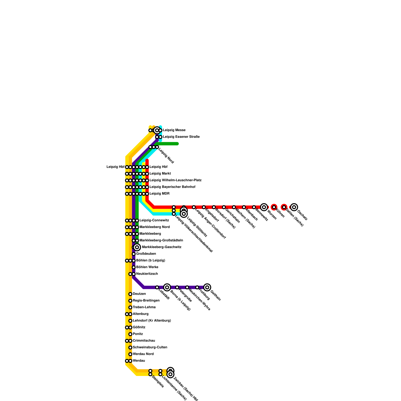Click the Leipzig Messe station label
[x=174, y=130]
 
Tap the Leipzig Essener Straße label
[x=181, y=137]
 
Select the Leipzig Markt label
[x=160, y=173]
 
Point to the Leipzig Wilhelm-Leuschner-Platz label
[x=175, y=180]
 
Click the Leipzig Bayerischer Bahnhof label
[x=172, y=187]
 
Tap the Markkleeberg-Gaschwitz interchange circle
[x=137, y=247]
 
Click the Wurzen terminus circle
[x=264, y=207]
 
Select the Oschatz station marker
[x=294, y=207]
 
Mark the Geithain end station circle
[x=207, y=287]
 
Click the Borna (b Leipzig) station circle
[x=167, y=287]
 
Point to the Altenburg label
[x=140, y=314]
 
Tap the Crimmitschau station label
[x=144, y=341]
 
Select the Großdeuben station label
[x=146, y=254]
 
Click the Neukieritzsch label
[x=147, y=274]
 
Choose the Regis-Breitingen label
[x=146, y=300]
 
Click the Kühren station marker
[x=274, y=207]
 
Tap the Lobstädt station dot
[x=157, y=287]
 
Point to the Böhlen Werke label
[x=147, y=267]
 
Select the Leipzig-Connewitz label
[x=154, y=221]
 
